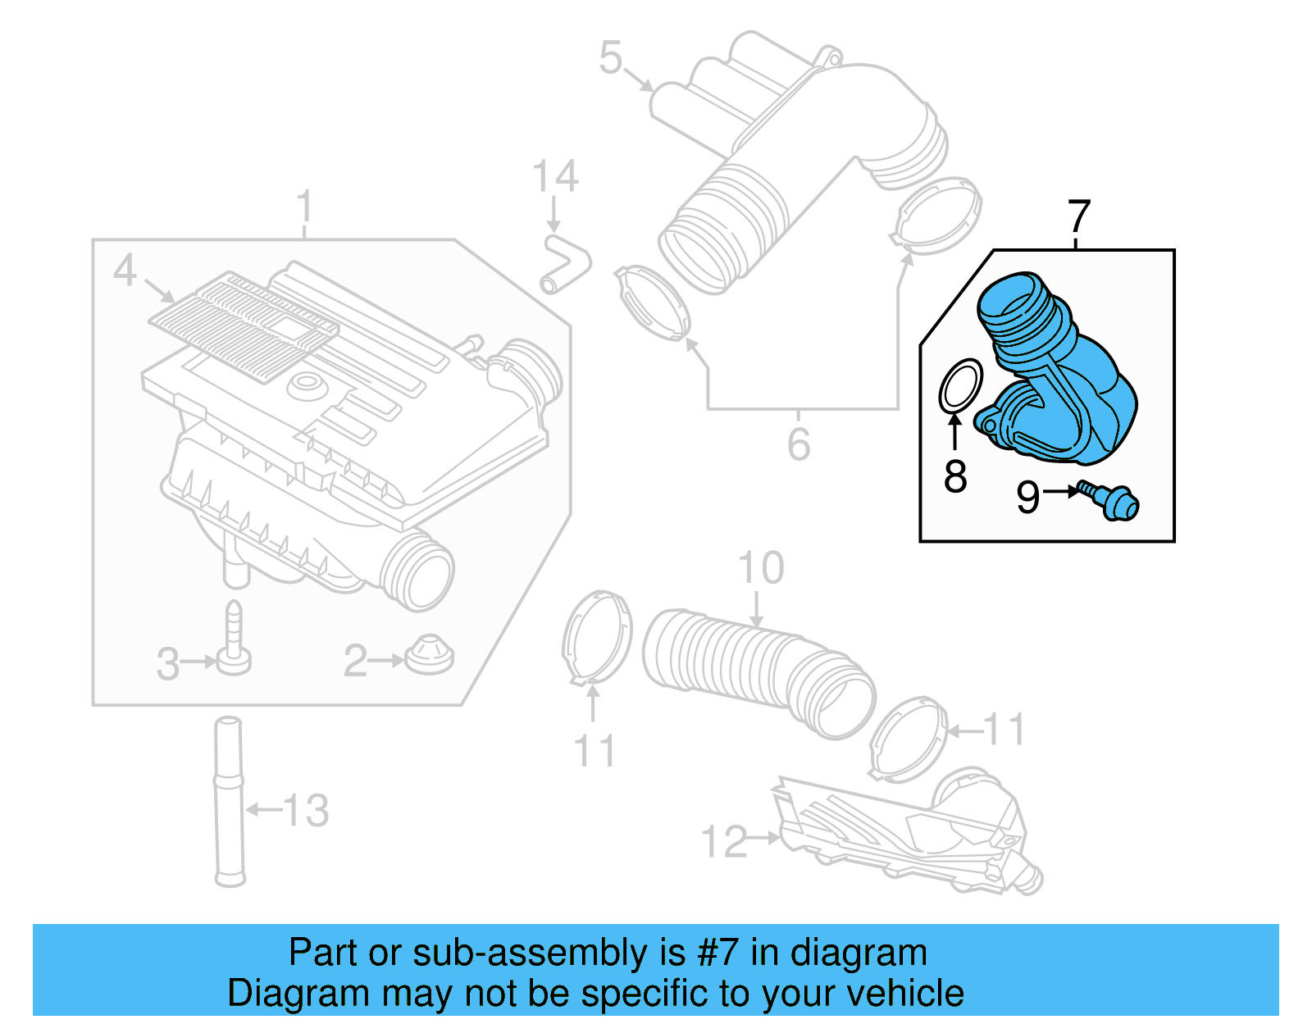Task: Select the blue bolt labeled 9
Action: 1110,500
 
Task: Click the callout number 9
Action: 1027,496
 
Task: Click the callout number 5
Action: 611,57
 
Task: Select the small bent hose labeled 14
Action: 564,263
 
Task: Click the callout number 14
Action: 555,176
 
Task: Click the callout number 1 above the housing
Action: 304,206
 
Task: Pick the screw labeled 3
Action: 234,639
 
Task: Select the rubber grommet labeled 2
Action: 430,653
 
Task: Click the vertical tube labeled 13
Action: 229,799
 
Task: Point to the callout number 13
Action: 306,810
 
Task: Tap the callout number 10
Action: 760,567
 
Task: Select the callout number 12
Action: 724,841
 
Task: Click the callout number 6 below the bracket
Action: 798,444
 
